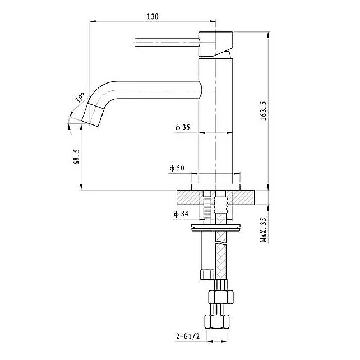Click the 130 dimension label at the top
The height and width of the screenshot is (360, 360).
153,16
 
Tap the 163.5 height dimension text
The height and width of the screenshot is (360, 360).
264,110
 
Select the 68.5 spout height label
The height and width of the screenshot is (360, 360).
77,156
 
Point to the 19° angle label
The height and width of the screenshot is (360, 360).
80,98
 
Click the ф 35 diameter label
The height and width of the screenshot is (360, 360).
183,127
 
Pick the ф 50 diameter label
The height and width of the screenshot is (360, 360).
177,168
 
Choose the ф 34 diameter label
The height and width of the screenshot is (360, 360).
181,214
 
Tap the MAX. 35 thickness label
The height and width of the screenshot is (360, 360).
264,229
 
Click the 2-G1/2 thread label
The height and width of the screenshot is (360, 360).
188,336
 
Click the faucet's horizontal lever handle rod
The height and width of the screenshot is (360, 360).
167,43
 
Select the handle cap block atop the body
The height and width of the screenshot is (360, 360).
215,44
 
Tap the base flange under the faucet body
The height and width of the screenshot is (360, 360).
216,187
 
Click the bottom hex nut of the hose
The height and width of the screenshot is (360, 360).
217,322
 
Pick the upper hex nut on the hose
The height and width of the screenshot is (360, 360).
221,297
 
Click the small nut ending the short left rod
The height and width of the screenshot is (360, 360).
207,275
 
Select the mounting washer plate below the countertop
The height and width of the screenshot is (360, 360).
216,227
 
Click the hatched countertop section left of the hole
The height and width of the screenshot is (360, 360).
190,197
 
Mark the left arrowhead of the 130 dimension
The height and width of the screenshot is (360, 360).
93,21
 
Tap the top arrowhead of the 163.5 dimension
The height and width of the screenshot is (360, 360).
268,35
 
